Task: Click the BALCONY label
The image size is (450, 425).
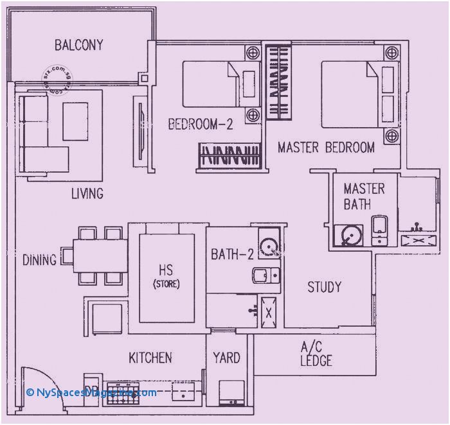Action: pyautogui.click(x=78, y=46)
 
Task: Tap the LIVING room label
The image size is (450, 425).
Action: pyautogui.click(x=87, y=193)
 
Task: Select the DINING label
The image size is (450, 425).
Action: pyautogui.click(x=39, y=260)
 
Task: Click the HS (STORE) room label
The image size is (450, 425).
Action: pyautogui.click(x=166, y=276)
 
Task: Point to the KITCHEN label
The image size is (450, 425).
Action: pyautogui.click(x=150, y=358)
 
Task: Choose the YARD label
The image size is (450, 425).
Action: pyautogui.click(x=226, y=358)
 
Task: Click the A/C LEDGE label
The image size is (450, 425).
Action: pyautogui.click(x=316, y=354)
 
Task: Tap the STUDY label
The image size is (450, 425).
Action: pyautogui.click(x=324, y=287)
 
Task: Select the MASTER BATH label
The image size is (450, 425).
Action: pyautogui.click(x=364, y=196)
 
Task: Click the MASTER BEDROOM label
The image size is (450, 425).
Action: pyautogui.click(x=326, y=148)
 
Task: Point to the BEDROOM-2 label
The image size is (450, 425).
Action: pyautogui.click(x=201, y=125)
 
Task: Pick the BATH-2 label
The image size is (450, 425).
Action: pyautogui.click(x=232, y=255)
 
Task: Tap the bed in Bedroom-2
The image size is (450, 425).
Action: pyautogui.click(x=212, y=83)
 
